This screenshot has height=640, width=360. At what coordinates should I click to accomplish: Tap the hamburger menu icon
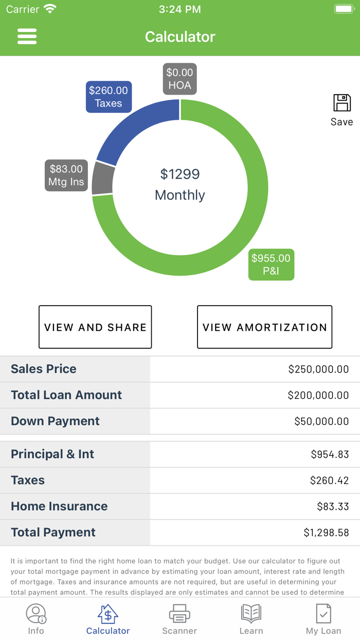click(27, 37)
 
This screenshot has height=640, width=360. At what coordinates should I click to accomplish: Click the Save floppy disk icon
click(342, 103)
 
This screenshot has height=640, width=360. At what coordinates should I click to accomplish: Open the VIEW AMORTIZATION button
click(264, 327)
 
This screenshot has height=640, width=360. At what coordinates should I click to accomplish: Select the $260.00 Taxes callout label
click(109, 97)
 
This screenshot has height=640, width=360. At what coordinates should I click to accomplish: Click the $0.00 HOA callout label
click(179, 79)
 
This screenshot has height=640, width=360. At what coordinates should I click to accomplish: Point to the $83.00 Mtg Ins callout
click(66, 175)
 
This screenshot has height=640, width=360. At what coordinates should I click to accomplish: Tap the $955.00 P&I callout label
click(271, 264)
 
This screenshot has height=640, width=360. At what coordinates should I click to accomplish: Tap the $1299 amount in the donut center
click(180, 174)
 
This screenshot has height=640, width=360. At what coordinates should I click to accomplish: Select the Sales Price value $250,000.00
click(318, 369)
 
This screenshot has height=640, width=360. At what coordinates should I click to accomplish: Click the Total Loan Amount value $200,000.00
click(318, 395)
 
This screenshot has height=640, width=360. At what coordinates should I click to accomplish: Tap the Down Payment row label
click(55, 421)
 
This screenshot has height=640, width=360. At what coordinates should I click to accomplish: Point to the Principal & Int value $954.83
click(330, 454)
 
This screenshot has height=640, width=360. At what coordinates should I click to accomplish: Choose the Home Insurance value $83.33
click(333, 506)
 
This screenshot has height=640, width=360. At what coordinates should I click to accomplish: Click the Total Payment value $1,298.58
click(326, 532)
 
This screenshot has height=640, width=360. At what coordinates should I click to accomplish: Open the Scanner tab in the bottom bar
click(179, 619)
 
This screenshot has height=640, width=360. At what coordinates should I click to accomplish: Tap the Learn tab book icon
click(251, 614)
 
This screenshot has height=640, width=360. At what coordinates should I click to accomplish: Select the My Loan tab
click(323, 619)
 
